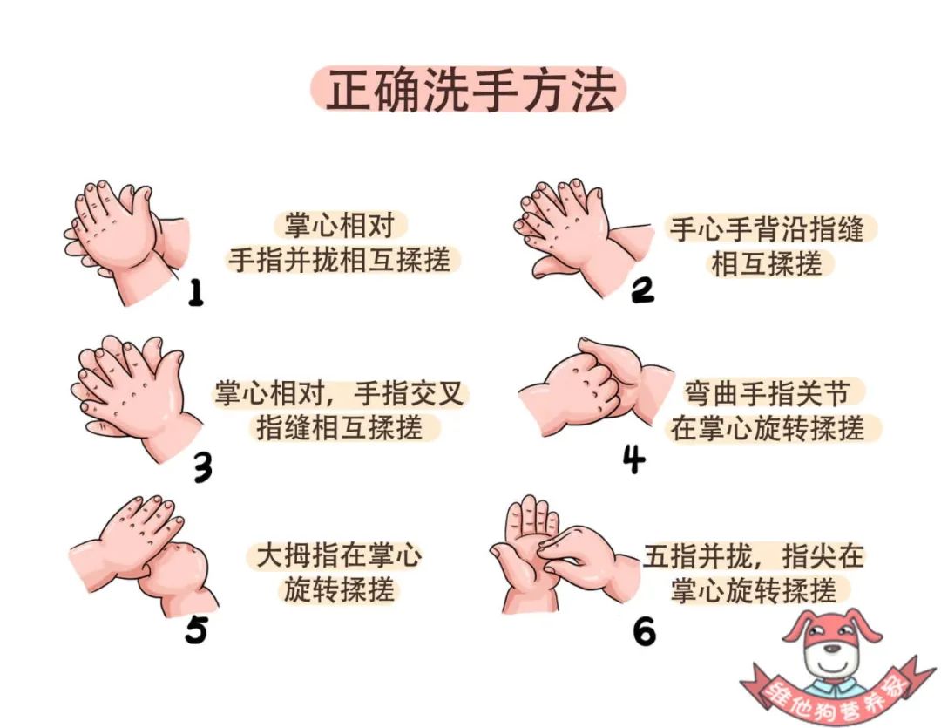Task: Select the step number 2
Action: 642,290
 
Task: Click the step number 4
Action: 633,459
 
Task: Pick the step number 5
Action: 196,630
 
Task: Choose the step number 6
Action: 644,631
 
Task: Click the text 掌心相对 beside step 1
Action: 339,226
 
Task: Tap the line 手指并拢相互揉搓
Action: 339,260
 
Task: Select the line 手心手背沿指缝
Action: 767,228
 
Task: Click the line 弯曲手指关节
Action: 767,394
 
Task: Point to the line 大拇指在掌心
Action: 339,555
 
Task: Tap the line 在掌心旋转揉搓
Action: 767,429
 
